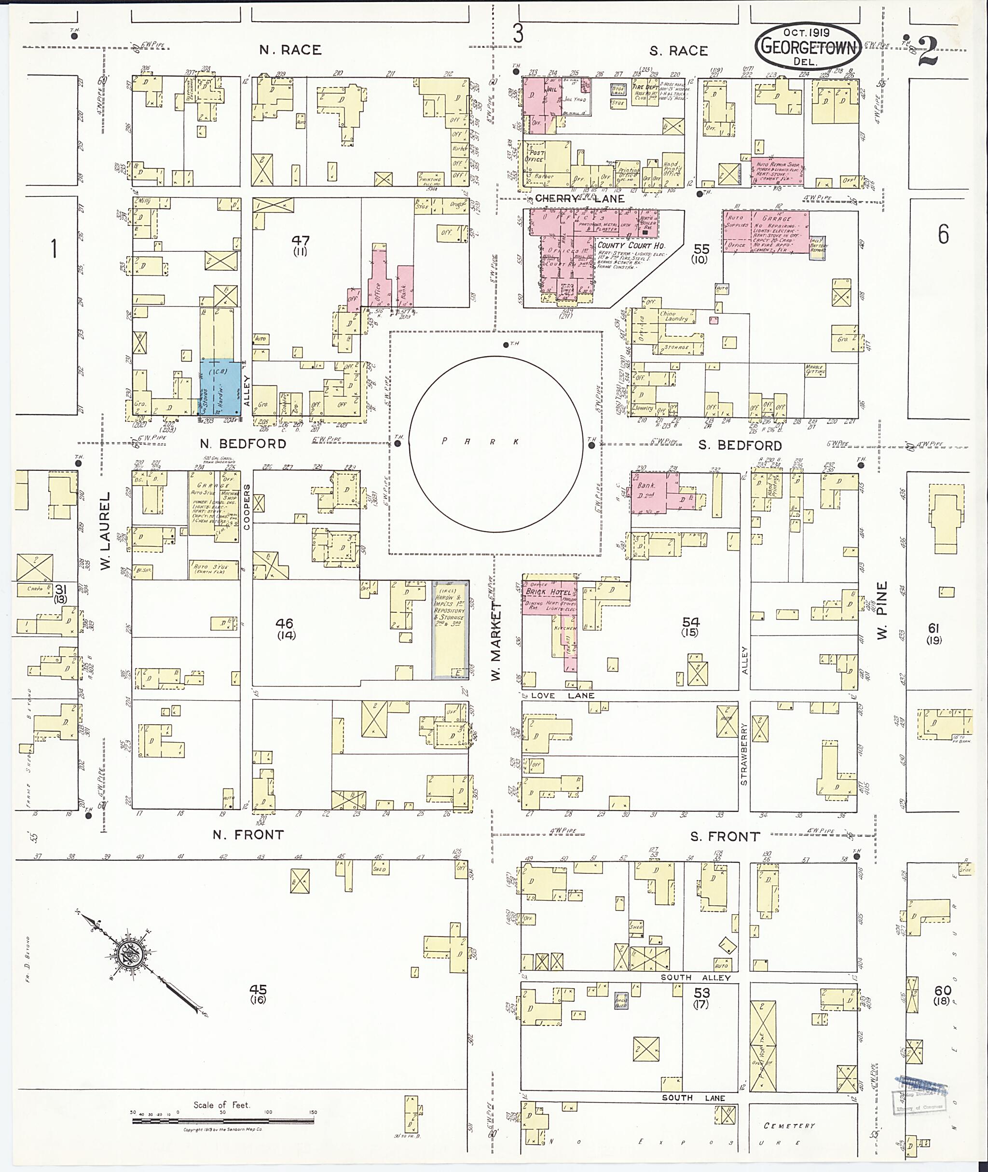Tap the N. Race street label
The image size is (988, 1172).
point(290,50)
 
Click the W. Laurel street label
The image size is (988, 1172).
point(106,531)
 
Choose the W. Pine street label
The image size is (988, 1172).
point(882,611)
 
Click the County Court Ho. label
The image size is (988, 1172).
point(631,246)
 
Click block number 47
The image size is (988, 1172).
point(300,241)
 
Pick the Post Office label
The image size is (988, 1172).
point(536,156)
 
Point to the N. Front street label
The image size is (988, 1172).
point(248,835)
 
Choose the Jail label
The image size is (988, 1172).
point(551,89)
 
